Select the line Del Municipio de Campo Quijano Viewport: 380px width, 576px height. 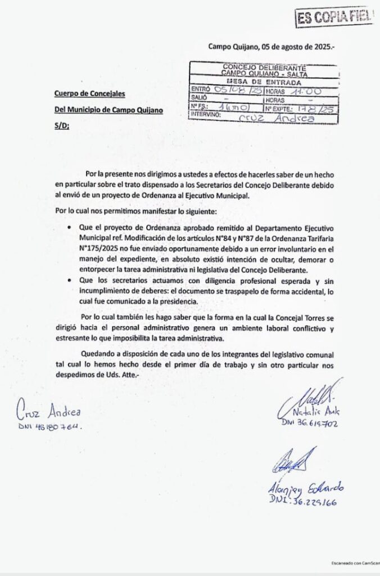(108, 110)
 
